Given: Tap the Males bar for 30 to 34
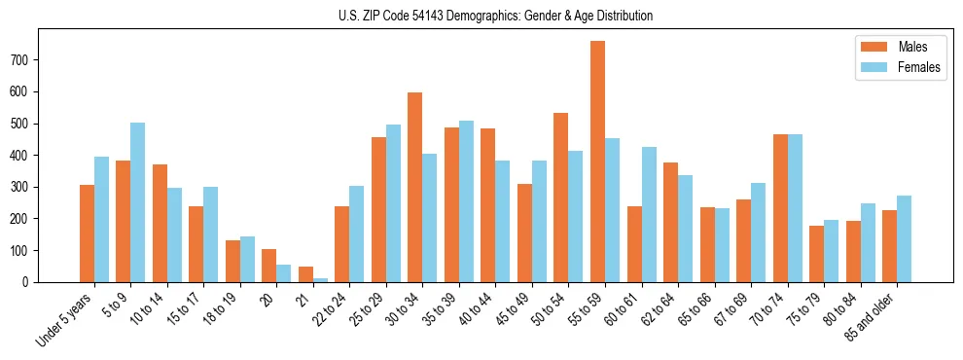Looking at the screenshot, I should coord(415,187).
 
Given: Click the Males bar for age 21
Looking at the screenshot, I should coord(305,274).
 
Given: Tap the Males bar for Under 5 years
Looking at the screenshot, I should coord(87,234).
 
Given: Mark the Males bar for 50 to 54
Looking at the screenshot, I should coord(524,198).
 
